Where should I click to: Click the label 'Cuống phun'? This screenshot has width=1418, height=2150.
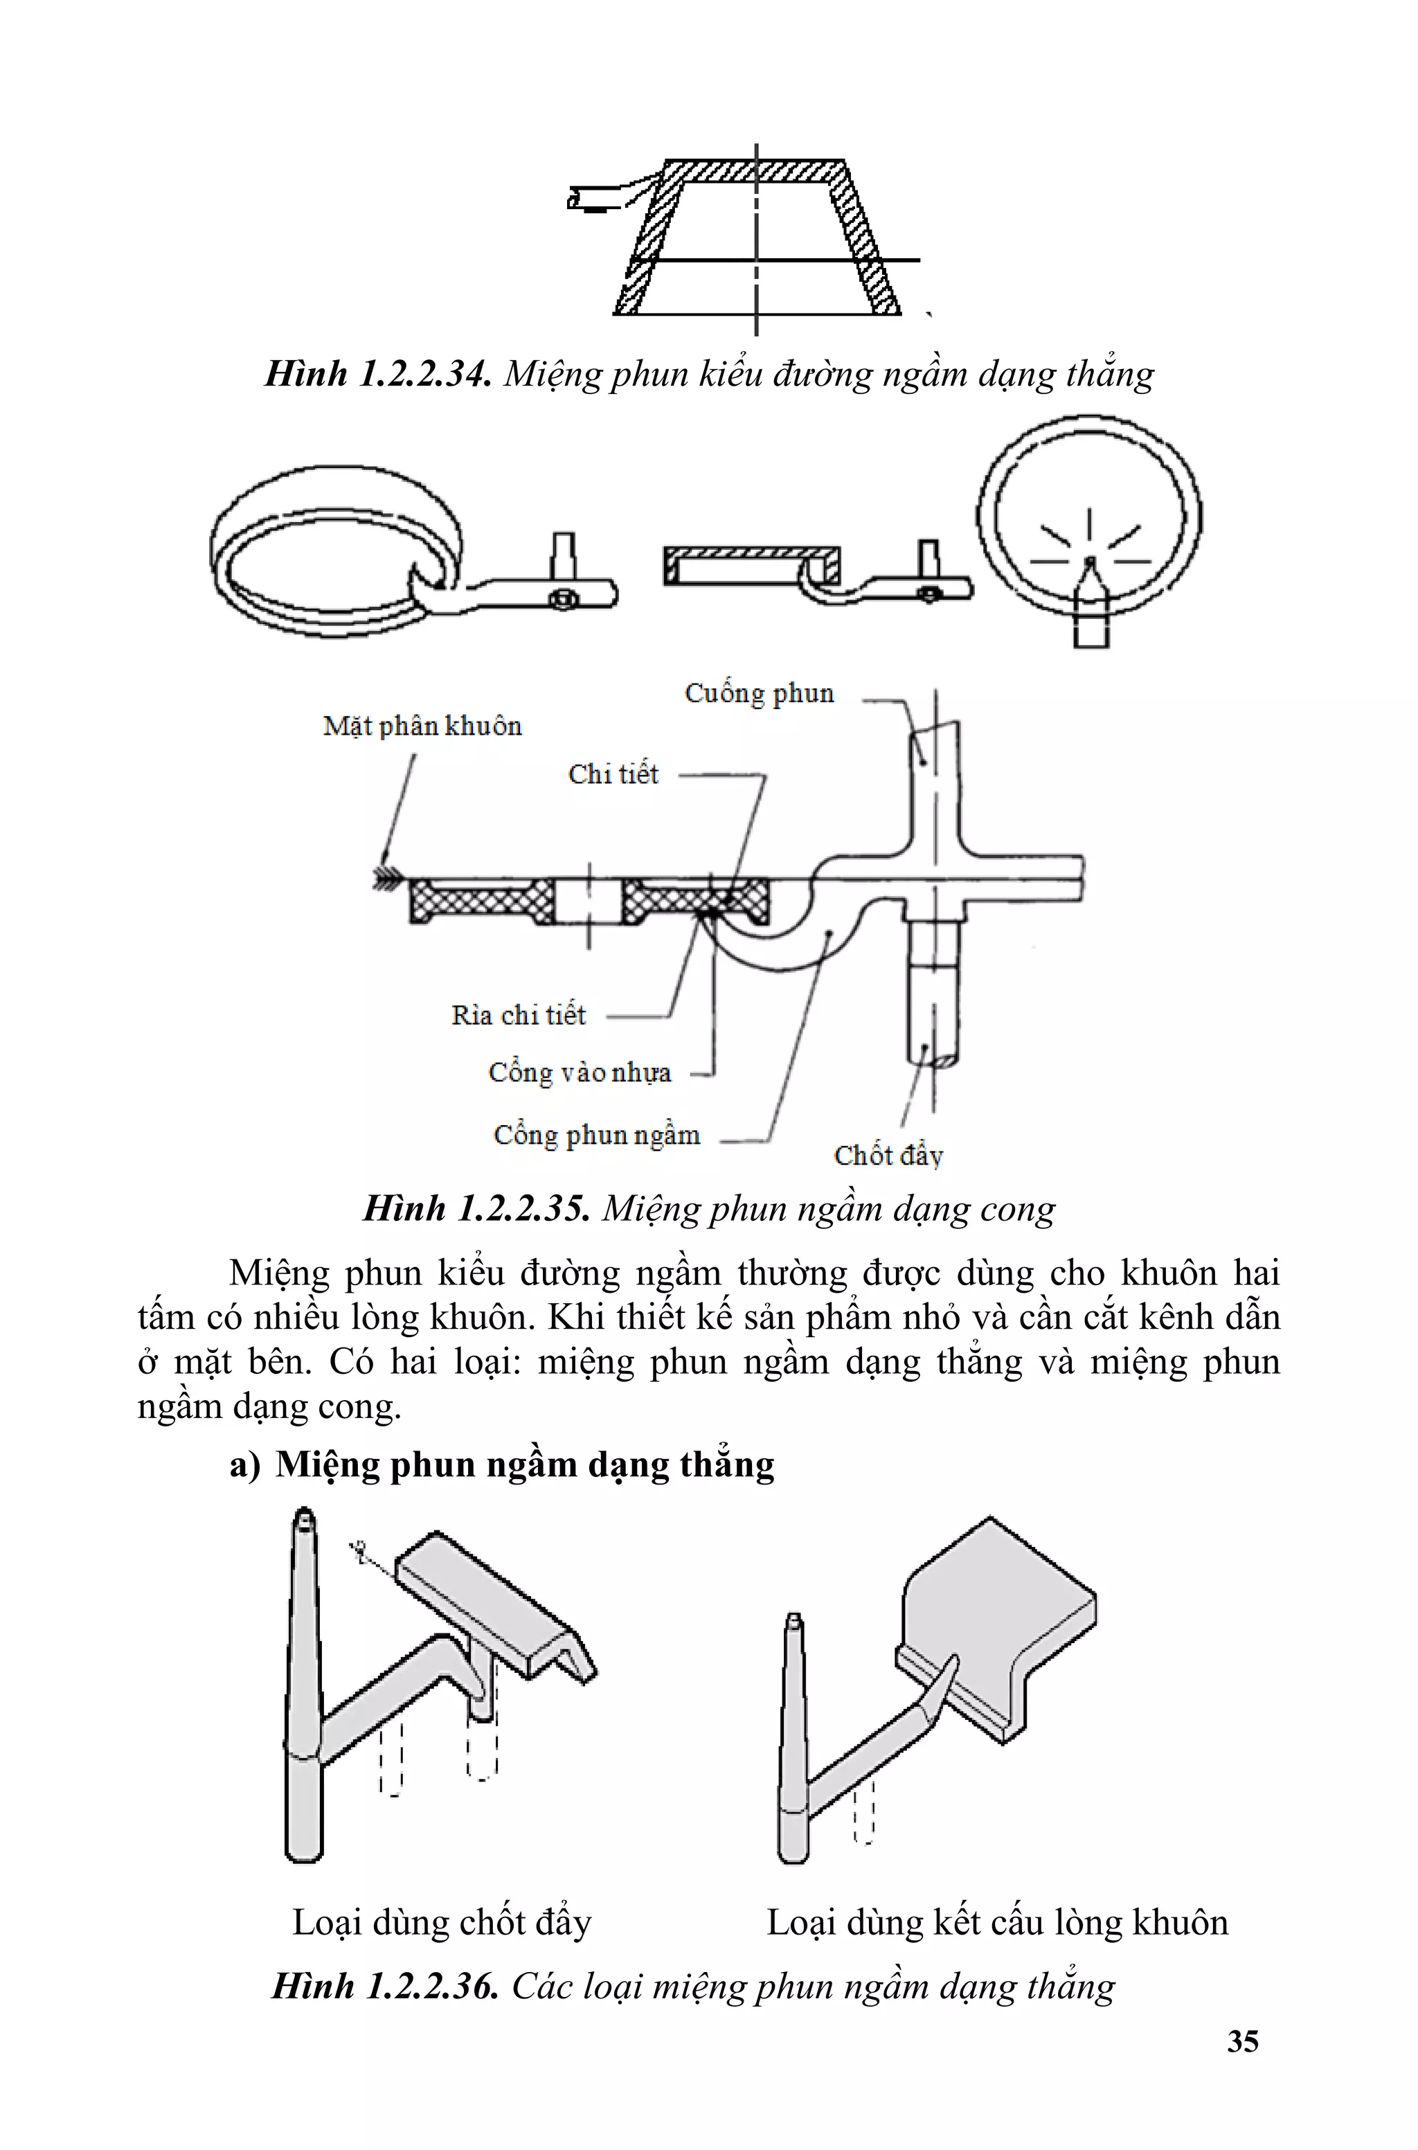point(759,693)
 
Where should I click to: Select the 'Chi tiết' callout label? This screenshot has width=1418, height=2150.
point(613,774)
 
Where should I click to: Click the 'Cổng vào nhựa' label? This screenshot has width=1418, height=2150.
point(580,1073)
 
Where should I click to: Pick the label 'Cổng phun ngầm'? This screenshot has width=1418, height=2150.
point(597,1135)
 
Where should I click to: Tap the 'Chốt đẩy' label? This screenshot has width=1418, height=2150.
point(888,1156)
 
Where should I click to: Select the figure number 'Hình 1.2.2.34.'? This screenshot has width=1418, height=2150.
point(378,373)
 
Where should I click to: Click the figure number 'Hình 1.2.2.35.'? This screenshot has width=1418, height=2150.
point(476,1209)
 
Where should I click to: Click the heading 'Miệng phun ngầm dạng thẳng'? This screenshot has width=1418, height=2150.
point(525,1464)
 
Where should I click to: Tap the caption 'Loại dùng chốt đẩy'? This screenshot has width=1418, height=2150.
point(441,1922)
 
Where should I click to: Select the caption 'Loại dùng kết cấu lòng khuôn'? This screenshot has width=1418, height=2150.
point(998,1922)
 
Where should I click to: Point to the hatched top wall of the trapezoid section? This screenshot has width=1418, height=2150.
point(756,172)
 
